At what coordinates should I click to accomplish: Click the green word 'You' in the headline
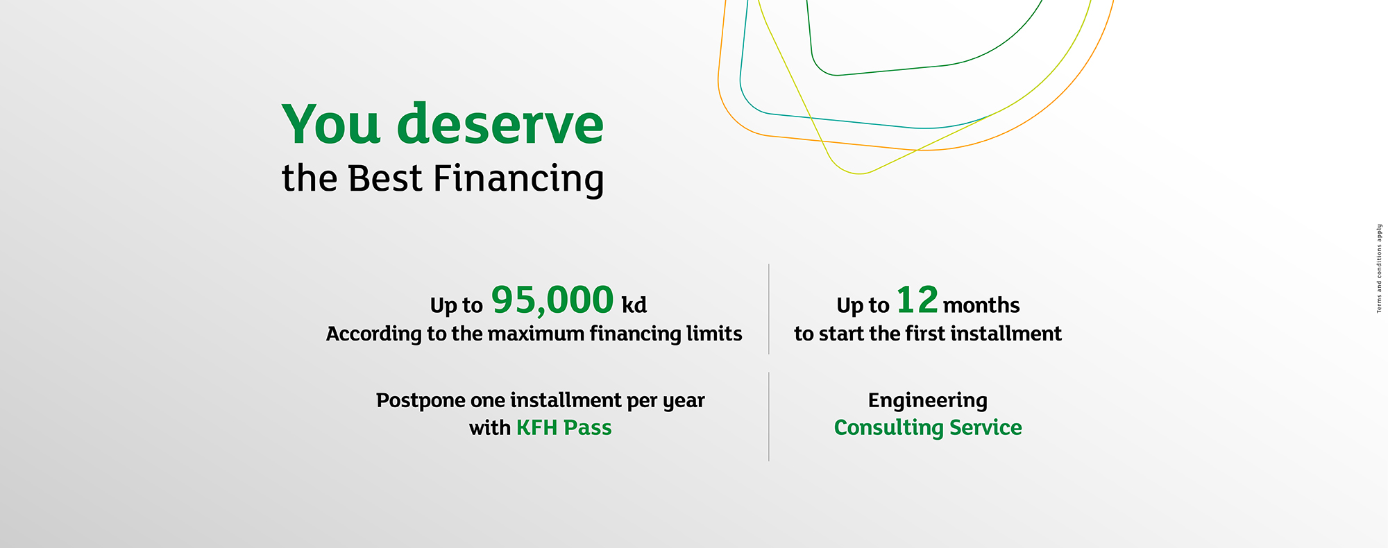point(331,125)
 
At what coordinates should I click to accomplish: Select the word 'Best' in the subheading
point(384,178)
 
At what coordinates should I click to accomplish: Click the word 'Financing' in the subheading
point(518,180)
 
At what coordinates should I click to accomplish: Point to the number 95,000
point(552,300)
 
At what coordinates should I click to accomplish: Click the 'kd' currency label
point(634,305)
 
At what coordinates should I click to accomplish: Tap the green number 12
point(917,300)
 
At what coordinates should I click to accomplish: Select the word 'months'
point(981,305)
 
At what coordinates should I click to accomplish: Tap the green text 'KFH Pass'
point(564,428)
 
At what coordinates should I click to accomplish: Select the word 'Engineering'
point(927,401)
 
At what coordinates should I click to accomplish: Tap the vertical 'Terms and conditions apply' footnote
point(1379,268)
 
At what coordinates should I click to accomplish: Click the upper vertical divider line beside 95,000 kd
point(769,309)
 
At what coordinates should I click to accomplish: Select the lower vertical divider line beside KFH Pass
point(769,416)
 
